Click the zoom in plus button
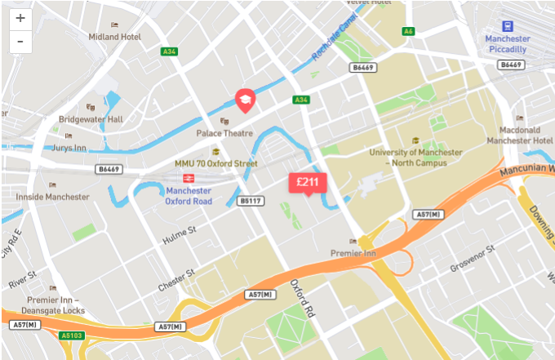(x=20, y=18)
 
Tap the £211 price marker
(x=307, y=182)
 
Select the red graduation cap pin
(x=245, y=100)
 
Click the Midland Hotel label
(x=114, y=37)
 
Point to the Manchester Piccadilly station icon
(x=508, y=26)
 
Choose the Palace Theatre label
(x=224, y=133)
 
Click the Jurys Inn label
(x=82, y=148)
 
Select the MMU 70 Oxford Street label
(x=216, y=163)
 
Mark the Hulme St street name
(x=180, y=234)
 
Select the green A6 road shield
(x=408, y=31)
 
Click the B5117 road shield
(x=250, y=200)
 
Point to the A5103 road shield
(x=71, y=334)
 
